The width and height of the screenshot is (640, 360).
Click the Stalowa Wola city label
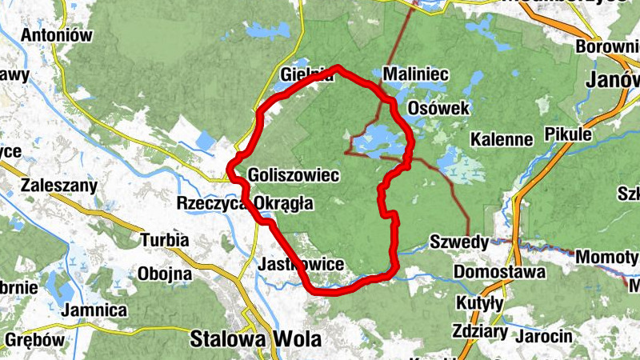tap(255, 338)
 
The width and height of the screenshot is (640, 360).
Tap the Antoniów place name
tap(57, 36)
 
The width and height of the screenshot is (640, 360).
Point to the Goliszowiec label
tap(295, 174)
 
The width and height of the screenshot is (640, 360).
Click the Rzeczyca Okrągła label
tap(244, 203)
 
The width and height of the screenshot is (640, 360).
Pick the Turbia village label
tap(165, 239)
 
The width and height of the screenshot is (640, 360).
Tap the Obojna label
tap(165, 274)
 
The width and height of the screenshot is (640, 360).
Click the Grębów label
tap(34, 339)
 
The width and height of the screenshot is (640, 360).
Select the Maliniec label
tap(416, 75)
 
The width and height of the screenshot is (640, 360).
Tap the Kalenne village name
tap(502, 139)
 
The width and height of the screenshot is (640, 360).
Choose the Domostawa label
tap(500, 272)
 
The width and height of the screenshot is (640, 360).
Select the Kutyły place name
tap(479, 302)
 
